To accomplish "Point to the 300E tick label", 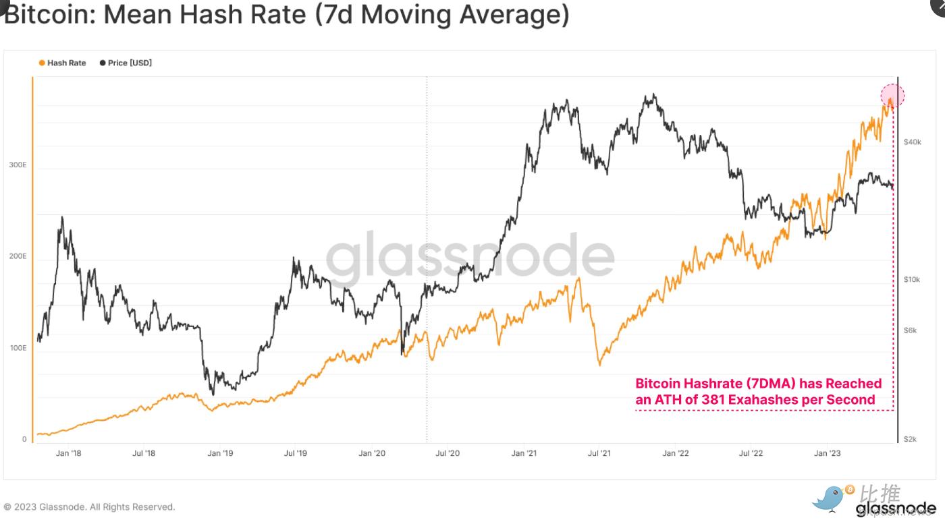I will [18, 166].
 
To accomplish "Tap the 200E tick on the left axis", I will [18, 257].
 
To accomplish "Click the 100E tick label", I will [18, 348].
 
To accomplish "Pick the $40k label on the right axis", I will [912, 142].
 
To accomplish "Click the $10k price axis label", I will [912, 279].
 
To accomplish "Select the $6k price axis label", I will [911, 330].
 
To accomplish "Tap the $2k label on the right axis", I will [911, 439].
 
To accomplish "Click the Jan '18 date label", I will [68, 453].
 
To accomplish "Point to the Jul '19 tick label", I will [296, 453].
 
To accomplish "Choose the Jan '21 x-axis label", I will [523, 453].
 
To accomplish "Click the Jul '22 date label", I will [751, 453].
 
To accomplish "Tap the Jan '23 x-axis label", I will [827, 453].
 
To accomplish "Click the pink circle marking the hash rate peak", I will [892, 96].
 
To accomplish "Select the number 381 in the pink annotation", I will [713, 400].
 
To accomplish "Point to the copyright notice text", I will [89, 507].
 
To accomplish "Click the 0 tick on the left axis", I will [24, 439].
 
